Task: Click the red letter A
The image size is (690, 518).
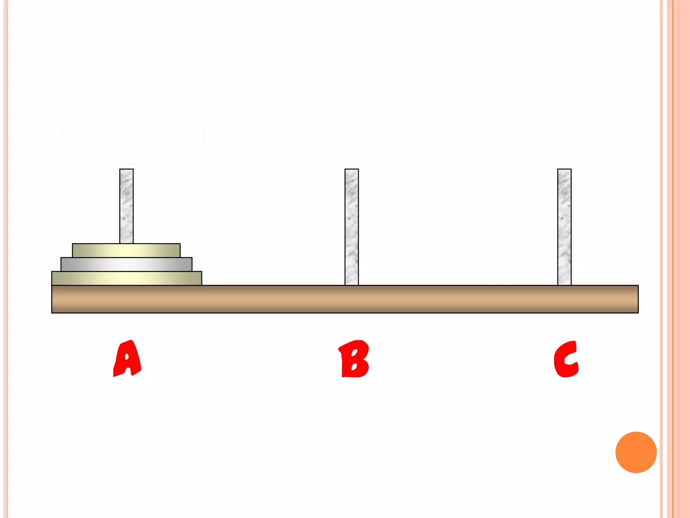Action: [x=127, y=359]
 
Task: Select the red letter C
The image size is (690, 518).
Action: [x=566, y=359]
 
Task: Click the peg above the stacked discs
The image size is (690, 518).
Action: [x=126, y=206]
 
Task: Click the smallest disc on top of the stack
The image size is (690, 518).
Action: [x=126, y=250]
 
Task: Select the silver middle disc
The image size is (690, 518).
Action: [x=126, y=264]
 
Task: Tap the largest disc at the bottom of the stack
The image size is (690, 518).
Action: [x=126, y=278]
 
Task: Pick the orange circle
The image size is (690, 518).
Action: [x=636, y=452]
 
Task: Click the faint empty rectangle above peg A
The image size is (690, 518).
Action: [x=133, y=144]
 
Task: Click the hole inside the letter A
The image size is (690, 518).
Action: [x=127, y=357]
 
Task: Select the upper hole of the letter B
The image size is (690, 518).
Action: [x=355, y=353]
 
